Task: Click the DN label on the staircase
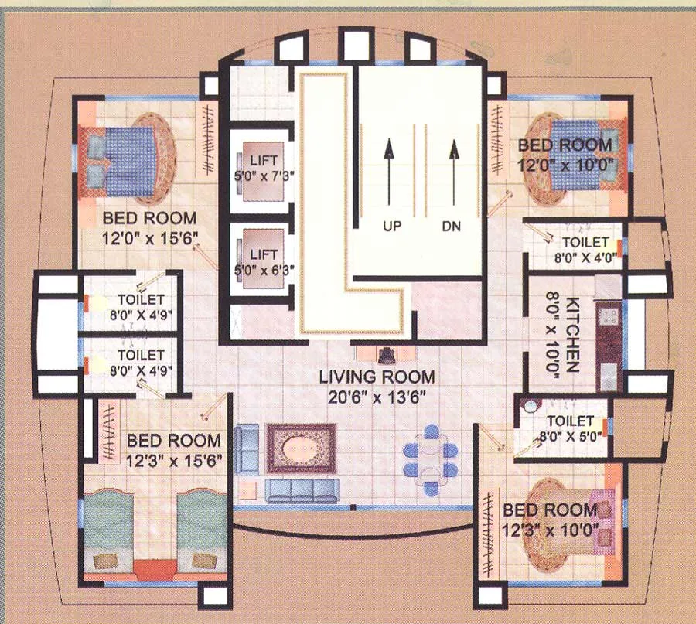click(x=452, y=227)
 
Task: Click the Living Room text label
click(x=377, y=377)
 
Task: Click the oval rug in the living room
click(x=301, y=448)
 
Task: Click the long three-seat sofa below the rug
click(x=302, y=490)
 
